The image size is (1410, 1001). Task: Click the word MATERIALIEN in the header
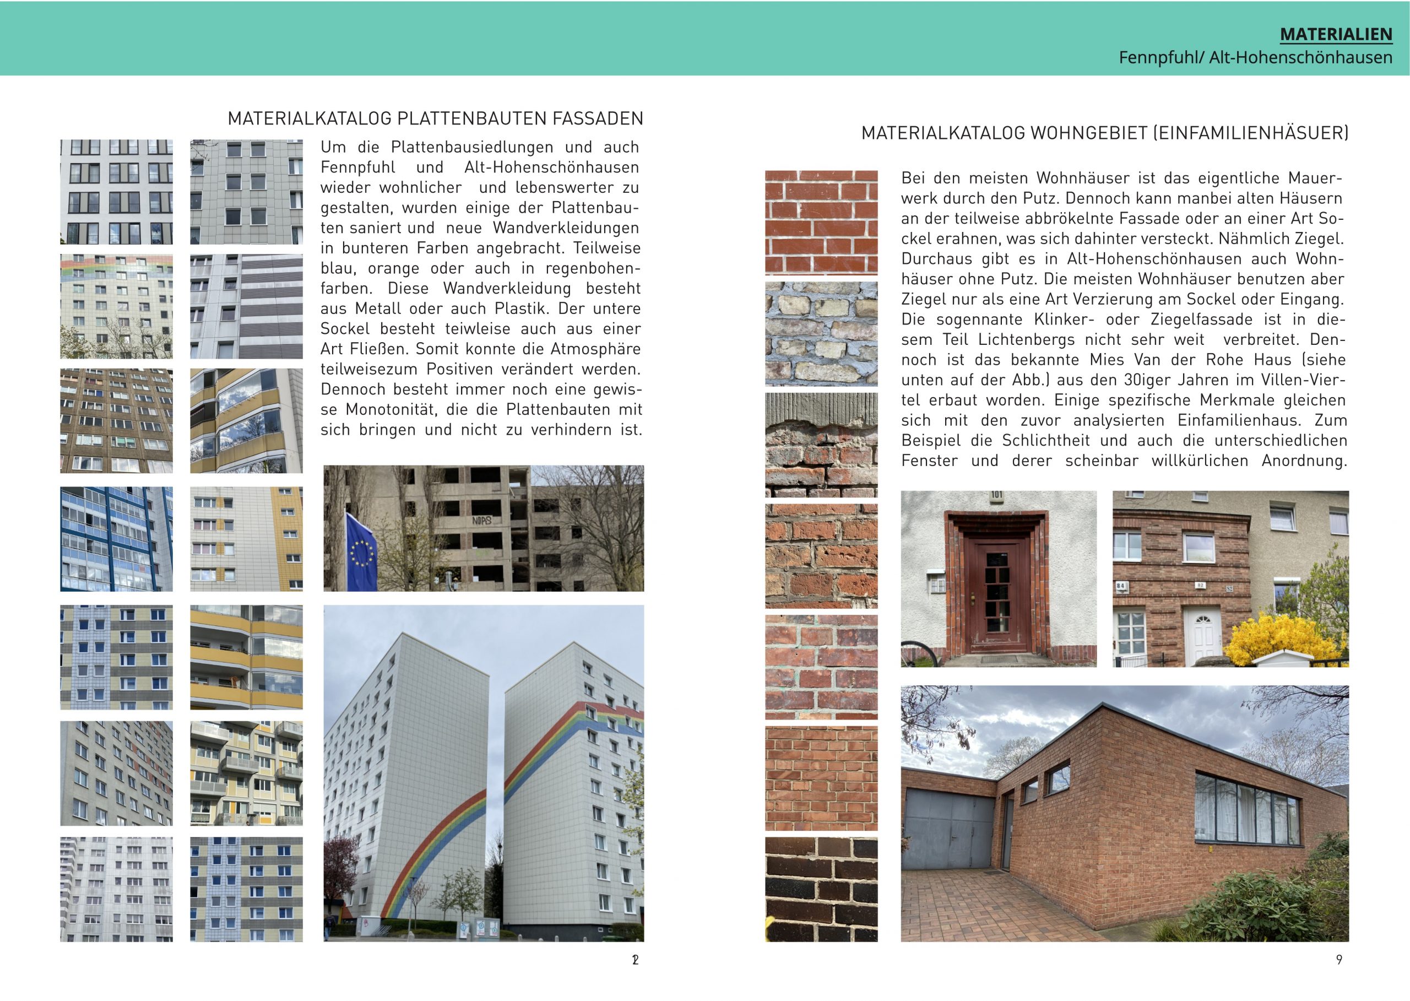click(x=1336, y=35)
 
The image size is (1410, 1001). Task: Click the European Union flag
click(x=362, y=551)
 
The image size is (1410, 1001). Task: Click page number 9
click(x=1338, y=960)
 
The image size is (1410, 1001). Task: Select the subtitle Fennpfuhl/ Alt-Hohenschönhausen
click(x=1255, y=57)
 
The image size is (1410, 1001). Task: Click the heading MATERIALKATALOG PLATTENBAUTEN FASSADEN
click(x=435, y=118)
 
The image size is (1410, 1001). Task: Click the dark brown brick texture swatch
click(x=821, y=889)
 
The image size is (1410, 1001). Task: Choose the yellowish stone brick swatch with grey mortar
click(x=821, y=333)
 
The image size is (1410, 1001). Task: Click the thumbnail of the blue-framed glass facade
click(x=116, y=539)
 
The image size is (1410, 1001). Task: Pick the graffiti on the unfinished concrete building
click(x=481, y=521)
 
